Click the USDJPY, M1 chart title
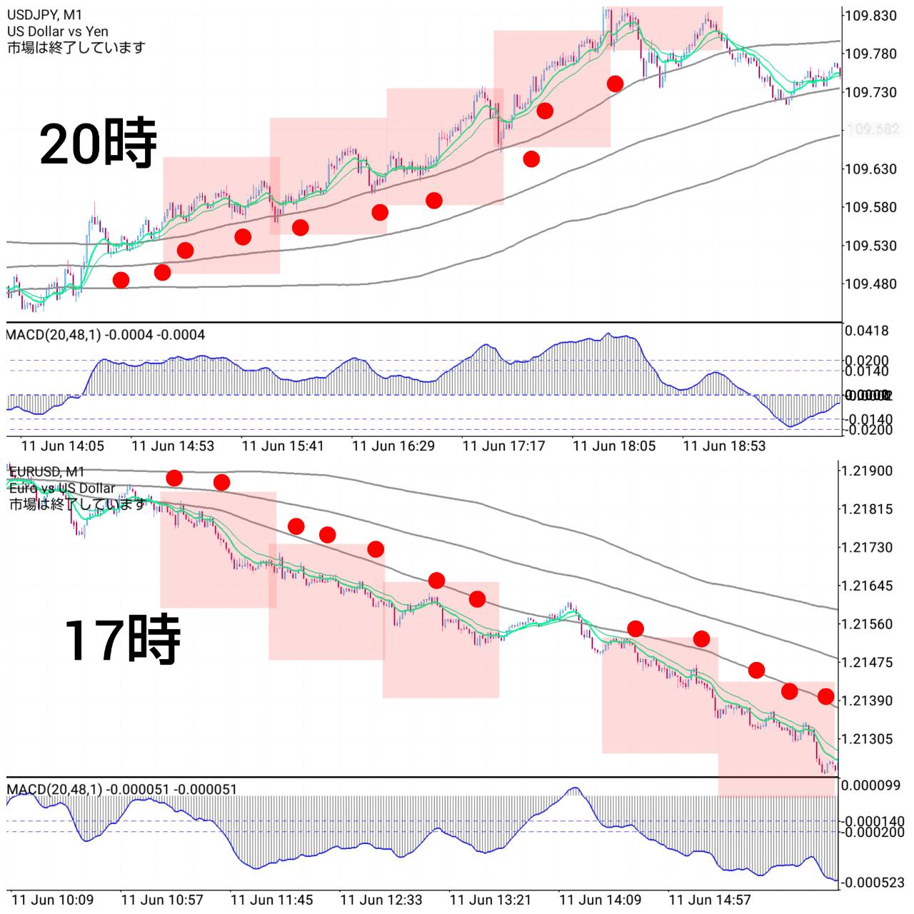(x=44, y=14)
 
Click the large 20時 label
(x=98, y=144)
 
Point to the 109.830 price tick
(x=870, y=16)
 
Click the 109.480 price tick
(x=870, y=284)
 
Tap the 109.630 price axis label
(x=870, y=169)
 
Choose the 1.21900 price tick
(x=867, y=471)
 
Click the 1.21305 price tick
(x=867, y=739)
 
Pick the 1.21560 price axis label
(x=867, y=624)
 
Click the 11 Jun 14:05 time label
(x=63, y=446)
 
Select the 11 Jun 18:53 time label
(x=724, y=446)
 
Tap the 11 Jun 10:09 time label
(x=53, y=900)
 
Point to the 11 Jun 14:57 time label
(x=710, y=900)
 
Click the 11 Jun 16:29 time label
(x=393, y=446)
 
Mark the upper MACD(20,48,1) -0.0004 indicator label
(x=106, y=335)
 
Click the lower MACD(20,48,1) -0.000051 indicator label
(x=121, y=789)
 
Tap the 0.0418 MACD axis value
(x=867, y=331)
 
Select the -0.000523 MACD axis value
(x=873, y=883)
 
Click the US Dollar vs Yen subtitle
(x=58, y=31)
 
